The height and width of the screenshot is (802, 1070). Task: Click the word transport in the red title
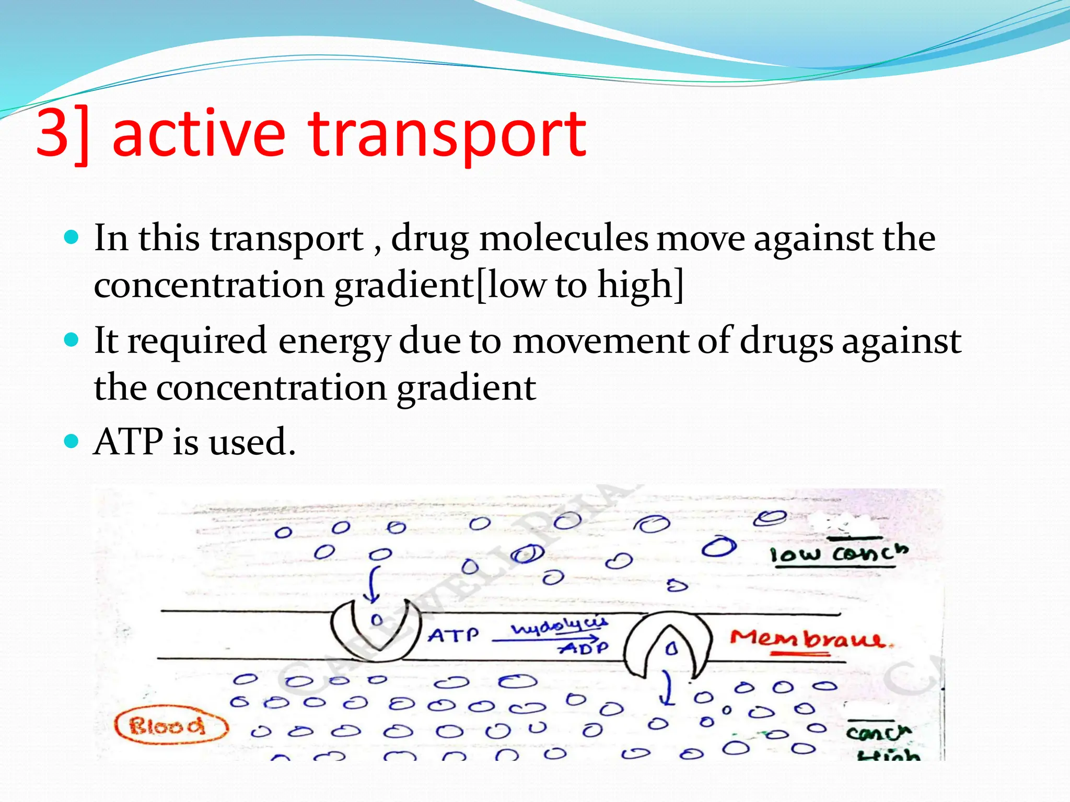point(448,135)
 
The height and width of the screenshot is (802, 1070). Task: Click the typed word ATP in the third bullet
point(128,442)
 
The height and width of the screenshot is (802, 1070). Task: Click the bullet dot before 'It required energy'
point(71,340)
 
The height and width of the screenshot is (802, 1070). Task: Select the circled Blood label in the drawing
point(171,726)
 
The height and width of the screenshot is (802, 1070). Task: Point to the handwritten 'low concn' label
point(839,553)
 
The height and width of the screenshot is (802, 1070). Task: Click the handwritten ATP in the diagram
point(452,635)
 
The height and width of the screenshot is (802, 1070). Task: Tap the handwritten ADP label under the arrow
point(584,648)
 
